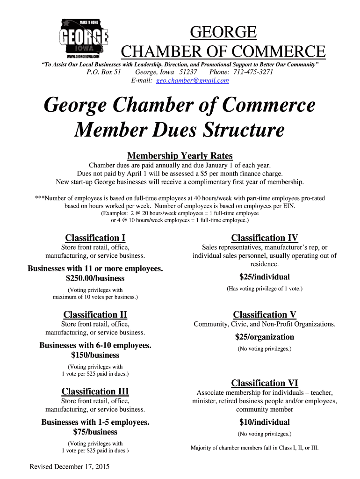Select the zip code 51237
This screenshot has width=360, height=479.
pos(188,72)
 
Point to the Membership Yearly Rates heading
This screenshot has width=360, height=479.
pos(180,156)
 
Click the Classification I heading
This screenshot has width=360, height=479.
pos(95,238)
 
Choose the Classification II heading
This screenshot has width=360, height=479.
pos(95,315)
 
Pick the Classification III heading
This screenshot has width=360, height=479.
pos(95,392)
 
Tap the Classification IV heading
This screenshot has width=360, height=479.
pos(265,238)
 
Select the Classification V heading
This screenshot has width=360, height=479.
pos(265,315)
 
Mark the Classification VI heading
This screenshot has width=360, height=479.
pos(265,383)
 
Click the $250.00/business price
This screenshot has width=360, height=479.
pos(95,278)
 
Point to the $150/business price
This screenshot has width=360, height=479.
pos(95,355)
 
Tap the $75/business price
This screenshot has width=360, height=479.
pos(95,432)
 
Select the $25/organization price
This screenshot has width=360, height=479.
pos(265,337)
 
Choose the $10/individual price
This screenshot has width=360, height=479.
pos(265,422)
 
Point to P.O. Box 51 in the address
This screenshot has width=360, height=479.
pos(104,72)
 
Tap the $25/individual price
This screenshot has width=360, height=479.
pos(265,277)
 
